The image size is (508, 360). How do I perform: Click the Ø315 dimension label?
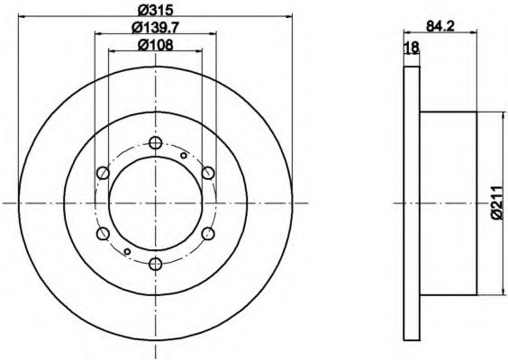point(156,10)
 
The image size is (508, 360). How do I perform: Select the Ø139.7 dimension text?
point(156,28)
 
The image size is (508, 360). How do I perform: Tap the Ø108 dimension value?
point(156,45)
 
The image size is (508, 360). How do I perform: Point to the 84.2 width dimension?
point(440,26)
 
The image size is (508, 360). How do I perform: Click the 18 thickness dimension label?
point(413,48)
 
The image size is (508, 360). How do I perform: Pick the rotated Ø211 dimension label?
point(500,203)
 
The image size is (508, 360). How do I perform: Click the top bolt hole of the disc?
point(156,142)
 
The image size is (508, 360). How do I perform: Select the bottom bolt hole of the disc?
point(156,265)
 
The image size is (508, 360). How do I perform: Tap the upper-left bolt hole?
point(103,173)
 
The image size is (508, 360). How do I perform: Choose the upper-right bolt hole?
point(208,173)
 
